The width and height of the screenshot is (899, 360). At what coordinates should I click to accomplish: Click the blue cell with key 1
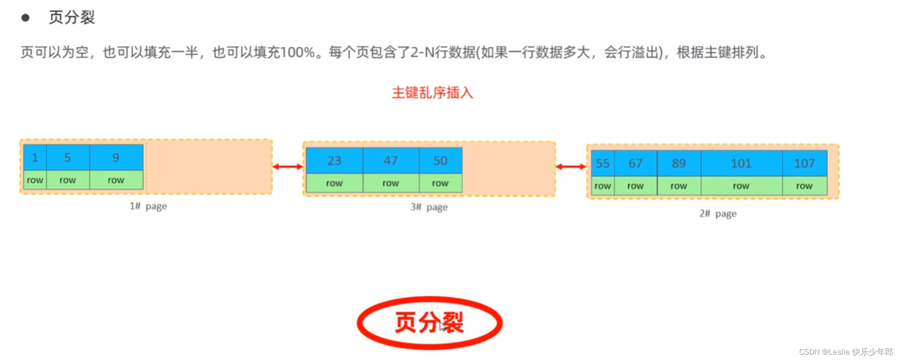pyautogui.click(x=35, y=157)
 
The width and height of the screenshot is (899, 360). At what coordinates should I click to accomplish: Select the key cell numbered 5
pyautogui.click(x=67, y=157)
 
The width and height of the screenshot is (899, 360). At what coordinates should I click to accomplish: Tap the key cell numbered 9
pyautogui.click(x=116, y=157)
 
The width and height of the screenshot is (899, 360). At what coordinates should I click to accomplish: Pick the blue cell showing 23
pyautogui.click(x=334, y=160)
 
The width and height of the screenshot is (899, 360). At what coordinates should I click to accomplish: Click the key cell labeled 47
pyautogui.click(x=391, y=160)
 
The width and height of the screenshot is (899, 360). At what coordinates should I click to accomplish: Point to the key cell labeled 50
pyautogui.click(x=441, y=160)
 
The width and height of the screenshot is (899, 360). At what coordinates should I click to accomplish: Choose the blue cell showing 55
pyautogui.click(x=602, y=163)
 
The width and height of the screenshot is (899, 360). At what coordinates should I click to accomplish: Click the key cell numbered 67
pyautogui.click(x=635, y=163)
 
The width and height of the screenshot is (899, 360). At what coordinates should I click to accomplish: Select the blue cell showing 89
pyautogui.click(x=679, y=163)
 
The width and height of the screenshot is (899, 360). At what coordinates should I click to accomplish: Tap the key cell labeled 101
pyautogui.click(x=741, y=163)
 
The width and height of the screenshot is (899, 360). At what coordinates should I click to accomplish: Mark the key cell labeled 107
pyautogui.click(x=805, y=163)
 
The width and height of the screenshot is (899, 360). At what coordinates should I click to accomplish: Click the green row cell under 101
pyautogui.click(x=741, y=186)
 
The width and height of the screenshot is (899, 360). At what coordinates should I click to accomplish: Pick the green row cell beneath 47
pyautogui.click(x=391, y=183)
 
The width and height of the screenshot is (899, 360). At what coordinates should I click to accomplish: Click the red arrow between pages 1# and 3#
pyautogui.click(x=288, y=166)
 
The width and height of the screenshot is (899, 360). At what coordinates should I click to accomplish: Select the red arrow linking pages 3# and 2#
pyautogui.click(x=571, y=166)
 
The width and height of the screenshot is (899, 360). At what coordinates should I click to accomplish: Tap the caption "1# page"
pyautogui.click(x=148, y=206)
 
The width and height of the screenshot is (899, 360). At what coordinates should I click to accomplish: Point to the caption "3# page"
pyautogui.click(x=429, y=207)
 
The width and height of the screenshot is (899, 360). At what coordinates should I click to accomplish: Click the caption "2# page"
pyautogui.click(x=718, y=214)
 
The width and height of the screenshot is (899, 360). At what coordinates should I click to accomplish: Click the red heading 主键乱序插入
pyautogui.click(x=432, y=93)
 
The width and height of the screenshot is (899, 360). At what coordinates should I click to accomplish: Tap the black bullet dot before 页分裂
pyautogui.click(x=25, y=18)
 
